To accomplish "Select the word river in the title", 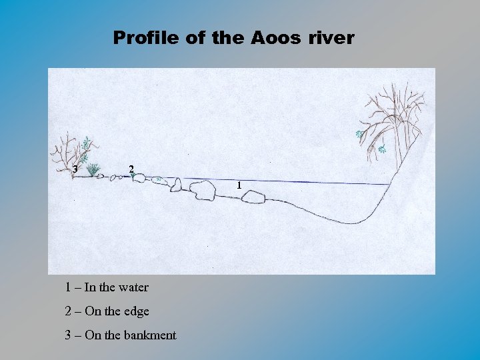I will (x=331, y=38).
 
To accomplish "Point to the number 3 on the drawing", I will (x=75, y=169).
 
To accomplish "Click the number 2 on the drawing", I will (x=131, y=169).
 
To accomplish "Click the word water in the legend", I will (x=133, y=287).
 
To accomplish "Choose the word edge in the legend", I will (x=136, y=311).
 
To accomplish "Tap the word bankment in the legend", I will (x=150, y=335).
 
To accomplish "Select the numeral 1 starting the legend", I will (x=68, y=287).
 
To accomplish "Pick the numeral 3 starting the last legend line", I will (x=68, y=335).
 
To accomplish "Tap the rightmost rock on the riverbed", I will (x=253, y=196).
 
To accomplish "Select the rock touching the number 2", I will (x=139, y=178).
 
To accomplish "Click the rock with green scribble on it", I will (x=159, y=180).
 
